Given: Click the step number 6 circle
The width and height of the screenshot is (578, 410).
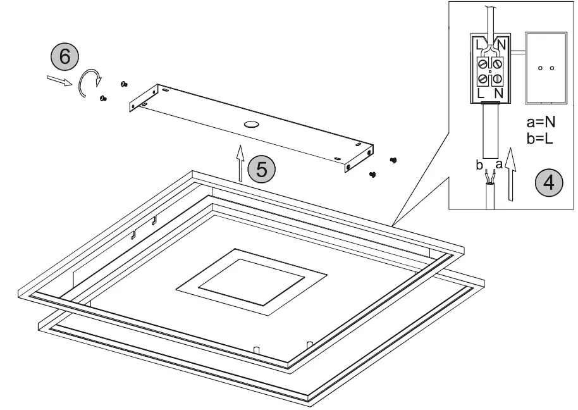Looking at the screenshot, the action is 64,57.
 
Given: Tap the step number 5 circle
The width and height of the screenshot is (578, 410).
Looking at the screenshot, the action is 262,170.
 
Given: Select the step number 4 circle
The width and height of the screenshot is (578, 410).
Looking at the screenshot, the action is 549,182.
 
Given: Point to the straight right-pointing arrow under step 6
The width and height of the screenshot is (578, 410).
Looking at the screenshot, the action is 59,80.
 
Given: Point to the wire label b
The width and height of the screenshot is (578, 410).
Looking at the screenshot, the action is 479,166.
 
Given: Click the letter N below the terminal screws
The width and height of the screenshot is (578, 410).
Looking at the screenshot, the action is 498,93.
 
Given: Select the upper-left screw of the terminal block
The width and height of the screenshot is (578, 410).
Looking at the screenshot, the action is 484,64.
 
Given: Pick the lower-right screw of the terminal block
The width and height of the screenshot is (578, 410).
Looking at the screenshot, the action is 497,78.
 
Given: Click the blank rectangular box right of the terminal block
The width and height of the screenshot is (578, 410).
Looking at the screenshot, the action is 545,68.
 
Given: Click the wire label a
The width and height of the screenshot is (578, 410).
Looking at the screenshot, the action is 500,166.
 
